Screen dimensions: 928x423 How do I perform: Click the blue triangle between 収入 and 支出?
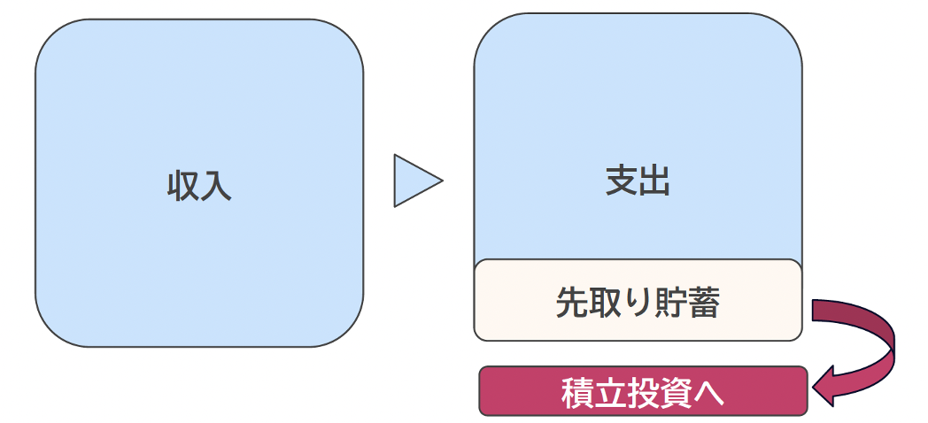click(414, 181)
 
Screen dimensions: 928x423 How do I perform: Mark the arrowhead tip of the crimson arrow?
click(816, 387)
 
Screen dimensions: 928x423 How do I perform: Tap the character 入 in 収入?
click(216, 187)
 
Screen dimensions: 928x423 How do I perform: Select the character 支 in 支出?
click(622, 181)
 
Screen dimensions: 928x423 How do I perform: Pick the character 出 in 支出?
click(654, 181)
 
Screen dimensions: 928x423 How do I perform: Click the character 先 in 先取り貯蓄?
click(572, 303)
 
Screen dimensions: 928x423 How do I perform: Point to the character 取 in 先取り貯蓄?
click(605, 303)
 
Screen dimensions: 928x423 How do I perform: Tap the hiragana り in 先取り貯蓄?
click(637, 303)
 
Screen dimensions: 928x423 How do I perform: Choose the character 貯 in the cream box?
click(669, 303)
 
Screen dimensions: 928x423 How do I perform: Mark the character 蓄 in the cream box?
click(703, 303)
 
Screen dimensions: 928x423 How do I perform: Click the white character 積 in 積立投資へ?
click(577, 393)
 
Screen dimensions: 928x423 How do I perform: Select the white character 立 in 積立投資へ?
click(610, 393)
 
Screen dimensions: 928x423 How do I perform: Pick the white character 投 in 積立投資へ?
click(643, 393)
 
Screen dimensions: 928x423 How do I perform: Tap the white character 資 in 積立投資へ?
click(676, 393)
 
